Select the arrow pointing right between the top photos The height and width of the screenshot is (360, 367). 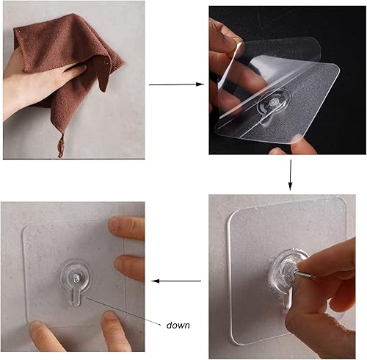(x=176, y=84)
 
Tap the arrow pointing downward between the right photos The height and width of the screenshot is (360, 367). (x=291, y=176)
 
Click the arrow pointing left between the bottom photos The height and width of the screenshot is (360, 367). (x=176, y=280)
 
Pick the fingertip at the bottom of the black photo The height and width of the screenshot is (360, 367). (x=280, y=151)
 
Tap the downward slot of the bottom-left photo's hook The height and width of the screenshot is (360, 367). (x=76, y=300)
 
